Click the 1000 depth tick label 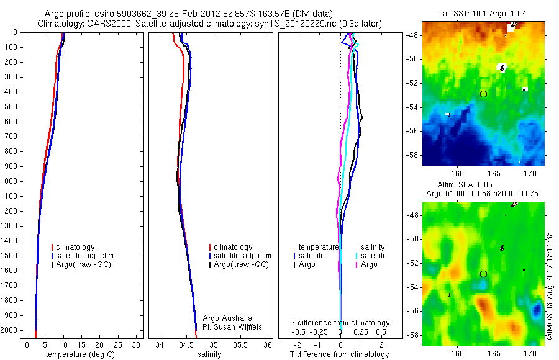tap(9, 181)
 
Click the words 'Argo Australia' tap(227, 318)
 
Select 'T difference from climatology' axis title tap(339, 354)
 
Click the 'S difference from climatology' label tap(340, 323)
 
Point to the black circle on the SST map tap(483, 94)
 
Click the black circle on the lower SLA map tap(483, 274)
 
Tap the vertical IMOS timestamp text tap(550, 286)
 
